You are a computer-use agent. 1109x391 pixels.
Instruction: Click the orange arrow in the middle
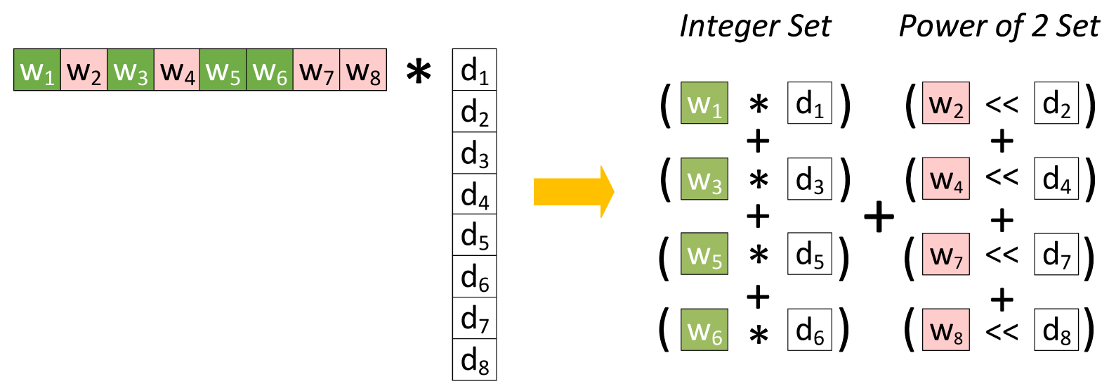point(572,191)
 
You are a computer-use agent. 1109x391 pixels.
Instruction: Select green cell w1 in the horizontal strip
point(37,70)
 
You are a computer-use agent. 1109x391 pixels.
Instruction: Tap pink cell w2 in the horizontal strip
point(84,70)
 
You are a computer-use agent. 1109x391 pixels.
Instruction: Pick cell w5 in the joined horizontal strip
point(223,70)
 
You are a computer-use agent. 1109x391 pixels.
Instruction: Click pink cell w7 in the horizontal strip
point(316,70)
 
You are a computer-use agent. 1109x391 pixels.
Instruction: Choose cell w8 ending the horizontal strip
point(363,70)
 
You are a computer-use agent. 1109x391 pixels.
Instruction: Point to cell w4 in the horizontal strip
point(176,70)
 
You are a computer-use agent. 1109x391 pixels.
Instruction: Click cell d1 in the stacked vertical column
point(474,70)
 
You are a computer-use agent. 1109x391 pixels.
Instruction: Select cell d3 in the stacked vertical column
point(474,153)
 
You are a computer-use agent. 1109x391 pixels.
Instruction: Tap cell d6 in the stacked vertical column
point(474,276)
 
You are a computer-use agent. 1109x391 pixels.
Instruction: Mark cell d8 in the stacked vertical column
point(474,359)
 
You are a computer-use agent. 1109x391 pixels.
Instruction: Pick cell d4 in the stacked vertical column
point(474,194)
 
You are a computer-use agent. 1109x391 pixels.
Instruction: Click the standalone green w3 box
point(704,179)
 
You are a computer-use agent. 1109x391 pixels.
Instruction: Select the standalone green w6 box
point(704,330)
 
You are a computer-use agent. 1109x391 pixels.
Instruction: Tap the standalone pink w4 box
point(945,179)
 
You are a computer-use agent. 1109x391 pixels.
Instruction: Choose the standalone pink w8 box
point(945,330)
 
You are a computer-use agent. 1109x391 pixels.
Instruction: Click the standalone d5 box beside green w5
point(809,254)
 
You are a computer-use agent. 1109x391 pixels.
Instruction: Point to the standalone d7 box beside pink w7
point(1056,254)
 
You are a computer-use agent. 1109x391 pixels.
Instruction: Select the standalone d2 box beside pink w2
point(1056,103)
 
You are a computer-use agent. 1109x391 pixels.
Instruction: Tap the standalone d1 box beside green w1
point(809,103)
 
